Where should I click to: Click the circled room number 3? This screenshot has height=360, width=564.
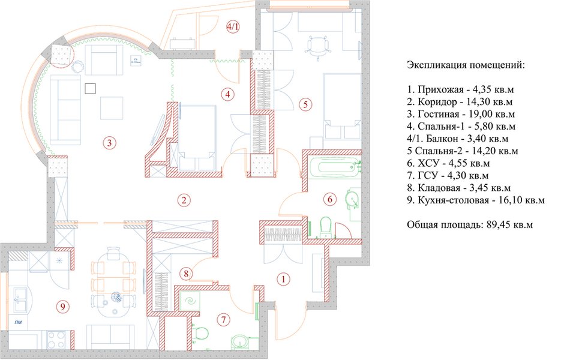[108, 143]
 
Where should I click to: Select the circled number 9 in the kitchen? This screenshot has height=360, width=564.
[62, 307]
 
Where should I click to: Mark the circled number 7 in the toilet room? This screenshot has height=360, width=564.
[223, 320]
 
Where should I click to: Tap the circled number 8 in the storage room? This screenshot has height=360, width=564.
[187, 274]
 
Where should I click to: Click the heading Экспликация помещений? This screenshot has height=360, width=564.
[466, 64]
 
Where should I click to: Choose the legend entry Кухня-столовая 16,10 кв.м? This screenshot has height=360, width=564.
[475, 202]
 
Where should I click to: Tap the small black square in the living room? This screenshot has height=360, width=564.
[91, 88]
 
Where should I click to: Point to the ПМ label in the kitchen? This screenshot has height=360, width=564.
[19, 323]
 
